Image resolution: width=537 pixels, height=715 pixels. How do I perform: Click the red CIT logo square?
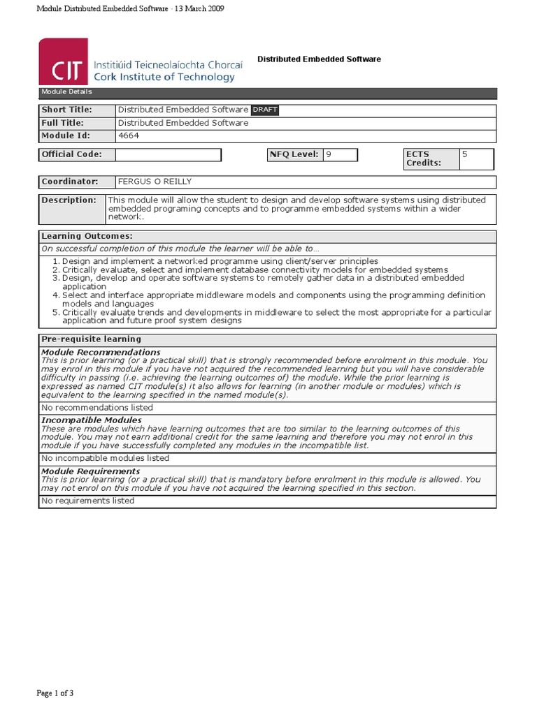click(63, 61)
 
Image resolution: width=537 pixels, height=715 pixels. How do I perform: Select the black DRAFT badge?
click(264, 110)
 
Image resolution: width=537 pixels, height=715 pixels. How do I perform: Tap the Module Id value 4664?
click(129, 135)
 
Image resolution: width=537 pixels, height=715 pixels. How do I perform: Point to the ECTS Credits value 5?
click(464, 154)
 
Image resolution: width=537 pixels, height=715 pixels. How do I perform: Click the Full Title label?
click(63, 123)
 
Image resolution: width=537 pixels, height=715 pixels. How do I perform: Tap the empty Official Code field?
click(169, 154)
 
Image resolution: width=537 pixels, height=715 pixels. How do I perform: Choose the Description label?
click(69, 200)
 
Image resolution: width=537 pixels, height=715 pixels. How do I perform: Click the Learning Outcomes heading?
click(87, 237)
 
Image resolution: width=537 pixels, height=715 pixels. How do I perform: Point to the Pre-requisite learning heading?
click(91, 339)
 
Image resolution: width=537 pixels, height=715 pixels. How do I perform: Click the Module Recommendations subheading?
click(101, 352)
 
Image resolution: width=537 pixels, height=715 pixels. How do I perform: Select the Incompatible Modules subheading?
click(92, 420)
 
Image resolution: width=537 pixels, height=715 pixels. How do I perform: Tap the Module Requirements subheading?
click(91, 471)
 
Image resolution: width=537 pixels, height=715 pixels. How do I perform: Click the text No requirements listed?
click(88, 501)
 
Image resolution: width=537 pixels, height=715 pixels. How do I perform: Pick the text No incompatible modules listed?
click(105, 458)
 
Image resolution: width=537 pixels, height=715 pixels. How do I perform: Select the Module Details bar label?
click(66, 92)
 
